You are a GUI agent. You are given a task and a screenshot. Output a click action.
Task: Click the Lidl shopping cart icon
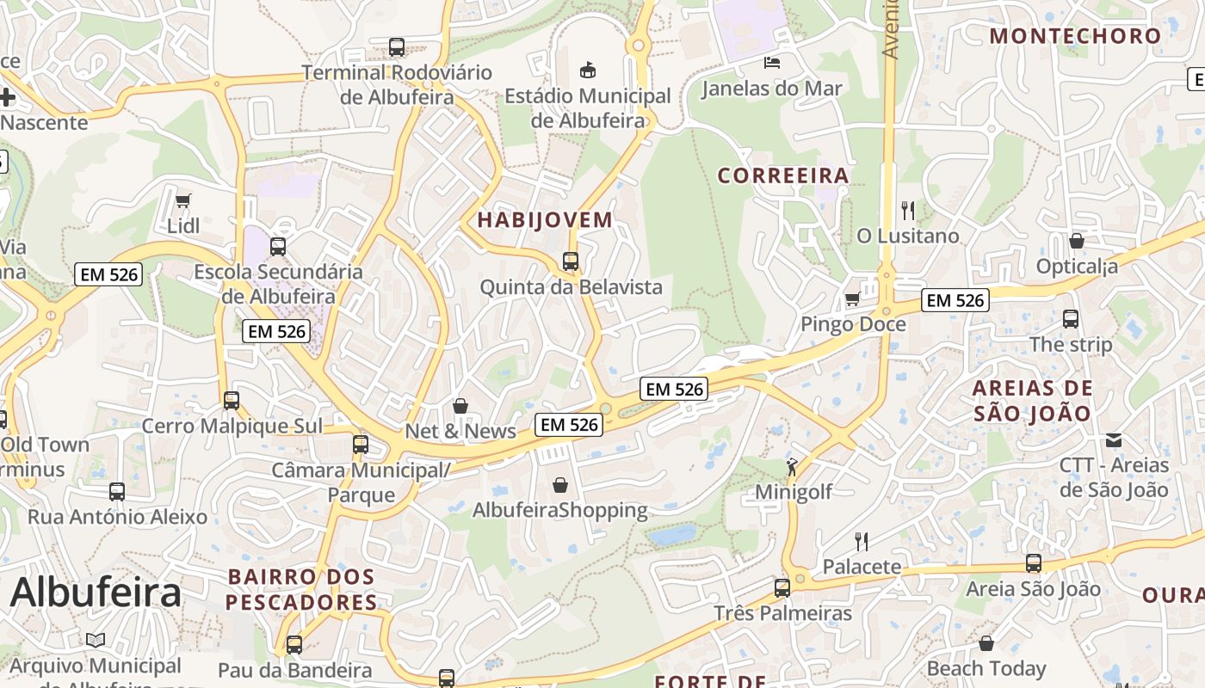[x=182, y=201]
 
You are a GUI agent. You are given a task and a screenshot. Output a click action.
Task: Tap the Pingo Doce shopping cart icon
[x=852, y=298]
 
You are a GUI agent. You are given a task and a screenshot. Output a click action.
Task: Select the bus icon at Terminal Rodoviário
[x=397, y=47]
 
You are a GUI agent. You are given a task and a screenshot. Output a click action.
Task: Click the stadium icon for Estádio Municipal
[x=588, y=70]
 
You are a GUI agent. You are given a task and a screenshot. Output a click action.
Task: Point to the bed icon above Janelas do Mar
[x=772, y=62]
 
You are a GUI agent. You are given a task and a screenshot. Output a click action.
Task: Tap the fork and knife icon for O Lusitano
[x=907, y=210]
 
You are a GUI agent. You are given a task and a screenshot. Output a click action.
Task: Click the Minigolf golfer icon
[x=792, y=467]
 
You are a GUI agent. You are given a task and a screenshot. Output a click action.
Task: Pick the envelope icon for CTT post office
[x=1114, y=440]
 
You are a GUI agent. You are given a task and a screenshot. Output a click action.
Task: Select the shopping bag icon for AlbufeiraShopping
[x=560, y=486]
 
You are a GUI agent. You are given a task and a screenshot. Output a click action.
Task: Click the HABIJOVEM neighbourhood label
[x=545, y=220]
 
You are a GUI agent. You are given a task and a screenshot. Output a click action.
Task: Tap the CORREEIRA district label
[x=783, y=176]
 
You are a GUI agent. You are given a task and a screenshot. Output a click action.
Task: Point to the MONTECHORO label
[x=1075, y=36]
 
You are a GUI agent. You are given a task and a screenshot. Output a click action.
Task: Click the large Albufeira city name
[x=96, y=593]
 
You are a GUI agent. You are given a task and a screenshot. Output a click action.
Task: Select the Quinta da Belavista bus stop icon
[x=570, y=261]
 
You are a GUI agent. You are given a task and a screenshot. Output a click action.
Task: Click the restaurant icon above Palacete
[x=861, y=541]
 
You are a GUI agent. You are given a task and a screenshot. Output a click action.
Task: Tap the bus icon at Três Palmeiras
[x=782, y=588]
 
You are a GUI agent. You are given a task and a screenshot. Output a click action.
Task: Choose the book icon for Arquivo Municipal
[x=95, y=641]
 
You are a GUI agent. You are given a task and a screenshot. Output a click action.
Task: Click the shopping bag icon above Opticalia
[x=1076, y=241]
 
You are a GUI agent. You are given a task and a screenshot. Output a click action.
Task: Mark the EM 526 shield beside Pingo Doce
[x=955, y=300]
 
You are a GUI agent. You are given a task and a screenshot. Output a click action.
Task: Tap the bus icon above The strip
[x=1071, y=319]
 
